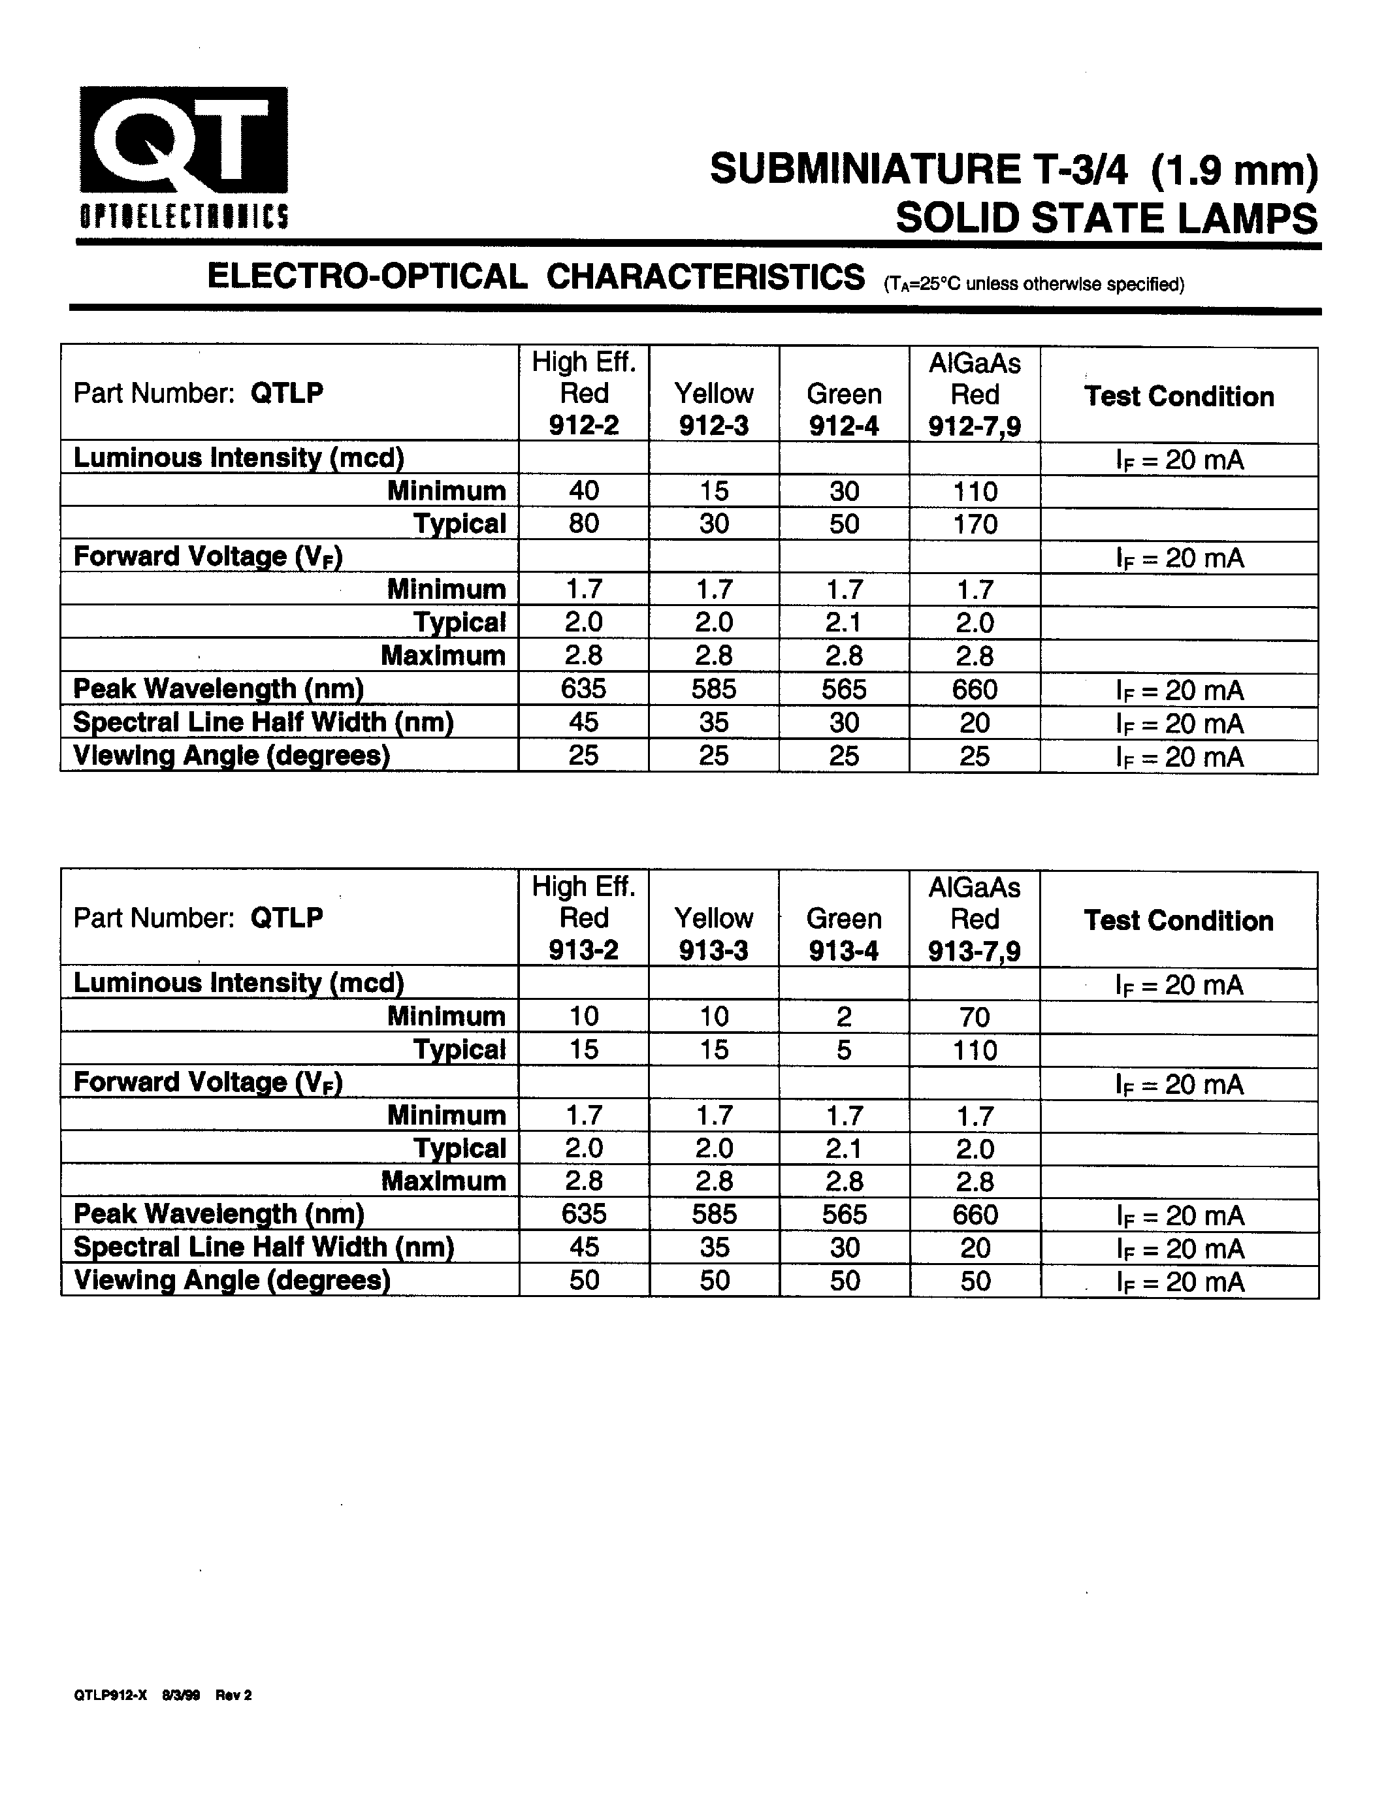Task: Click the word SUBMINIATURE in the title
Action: point(864,170)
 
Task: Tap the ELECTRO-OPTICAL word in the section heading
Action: point(366,276)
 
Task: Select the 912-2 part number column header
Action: point(584,425)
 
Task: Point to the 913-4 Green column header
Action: point(844,951)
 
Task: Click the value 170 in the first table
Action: point(975,524)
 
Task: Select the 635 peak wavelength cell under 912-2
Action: point(584,688)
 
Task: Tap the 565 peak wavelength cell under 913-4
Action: point(845,1215)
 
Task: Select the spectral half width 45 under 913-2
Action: point(584,1247)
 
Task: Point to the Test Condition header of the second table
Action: point(1178,921)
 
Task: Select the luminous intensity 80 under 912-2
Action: point(584,524)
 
